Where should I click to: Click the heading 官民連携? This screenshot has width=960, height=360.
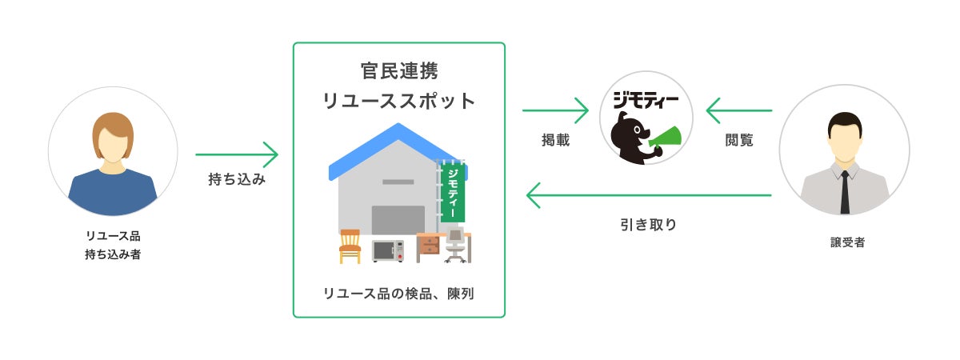tap(398, 70)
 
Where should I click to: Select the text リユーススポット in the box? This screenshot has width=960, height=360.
tap(398, 102)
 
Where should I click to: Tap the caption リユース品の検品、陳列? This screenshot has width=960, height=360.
tap(398, 294)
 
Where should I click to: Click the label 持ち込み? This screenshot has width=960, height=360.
tap(237, 180)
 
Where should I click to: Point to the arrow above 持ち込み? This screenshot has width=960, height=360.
tap(237, 154)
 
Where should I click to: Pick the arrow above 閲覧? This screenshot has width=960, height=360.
tap(738, 110)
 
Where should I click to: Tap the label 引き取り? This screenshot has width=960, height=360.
tap(648, 225)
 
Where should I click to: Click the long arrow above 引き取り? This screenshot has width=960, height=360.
tap(648, 195)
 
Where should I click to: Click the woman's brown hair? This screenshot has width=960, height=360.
tap(112, 128)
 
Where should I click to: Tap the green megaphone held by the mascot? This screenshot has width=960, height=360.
tap(666, 137)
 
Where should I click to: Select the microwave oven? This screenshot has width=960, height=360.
tap(388, 250)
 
